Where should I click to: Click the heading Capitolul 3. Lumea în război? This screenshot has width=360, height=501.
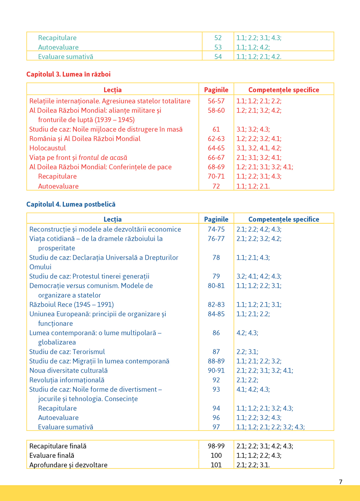pyautogui.click(x=69, y=74)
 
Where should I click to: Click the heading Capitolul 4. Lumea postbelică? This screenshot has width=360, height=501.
pyautogui.click(x=71, y=204)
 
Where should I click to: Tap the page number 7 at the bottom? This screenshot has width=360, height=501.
pyautogui.click(x=340, y=482)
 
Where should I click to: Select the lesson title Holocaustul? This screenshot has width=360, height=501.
pyautogui.click(x=48, y=148)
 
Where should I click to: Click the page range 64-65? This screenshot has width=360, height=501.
pyautogui.click(x=216, y=148)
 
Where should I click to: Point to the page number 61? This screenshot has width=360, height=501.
pyautogui.click(x=216, y=129)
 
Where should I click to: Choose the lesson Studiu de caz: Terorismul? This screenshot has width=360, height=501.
pyautogui.click(x=67, y=352)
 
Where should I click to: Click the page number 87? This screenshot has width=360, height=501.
pyautogui.click(x=216, y=352)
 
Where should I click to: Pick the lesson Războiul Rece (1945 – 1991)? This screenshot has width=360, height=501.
pyautogui.click(x=72, y=305)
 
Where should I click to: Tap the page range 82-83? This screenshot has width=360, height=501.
pyautogui.click(x=216, y=305)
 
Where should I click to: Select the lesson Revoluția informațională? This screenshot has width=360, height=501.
pyautogui.click(x=67, y=380)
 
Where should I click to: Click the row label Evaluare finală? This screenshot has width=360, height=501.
pyautogui.click(x=52, y=456)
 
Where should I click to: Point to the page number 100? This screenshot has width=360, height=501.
pyautogui.click(x=216, y=456)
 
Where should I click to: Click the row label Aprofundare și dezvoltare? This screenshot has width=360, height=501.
pyautogui.click(x=69, y=465)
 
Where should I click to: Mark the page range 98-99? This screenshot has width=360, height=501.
pyautogui.click(x=216, y=446)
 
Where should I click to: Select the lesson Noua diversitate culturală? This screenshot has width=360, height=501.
pyautogui.click(x=69, y=370)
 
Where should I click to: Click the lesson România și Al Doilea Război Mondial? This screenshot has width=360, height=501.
pyautogui.click(x=85, y=139)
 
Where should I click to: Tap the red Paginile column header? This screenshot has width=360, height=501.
pyautogui.click(x=216, y=90)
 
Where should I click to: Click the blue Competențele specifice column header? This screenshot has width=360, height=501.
pyautogui.click(x=284, y=219)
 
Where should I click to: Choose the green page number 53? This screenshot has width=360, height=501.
pyautogui.click(x=218, y=47)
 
